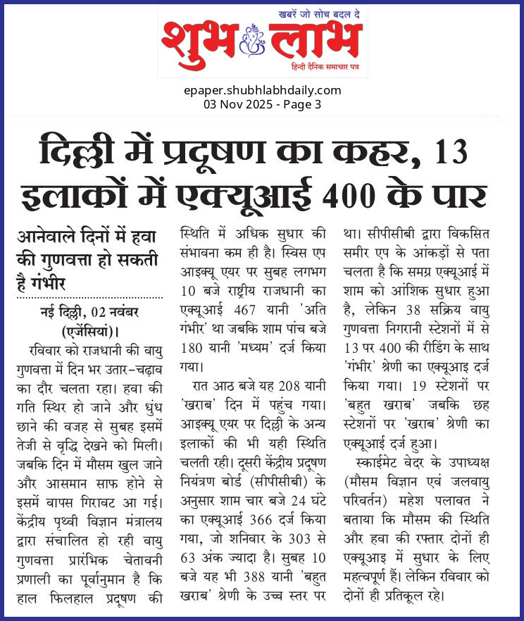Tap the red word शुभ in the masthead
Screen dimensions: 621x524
(x=199, y=40)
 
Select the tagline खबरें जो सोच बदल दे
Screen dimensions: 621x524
(x=310, y=13)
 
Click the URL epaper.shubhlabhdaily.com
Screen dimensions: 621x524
(x=262, y=90)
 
